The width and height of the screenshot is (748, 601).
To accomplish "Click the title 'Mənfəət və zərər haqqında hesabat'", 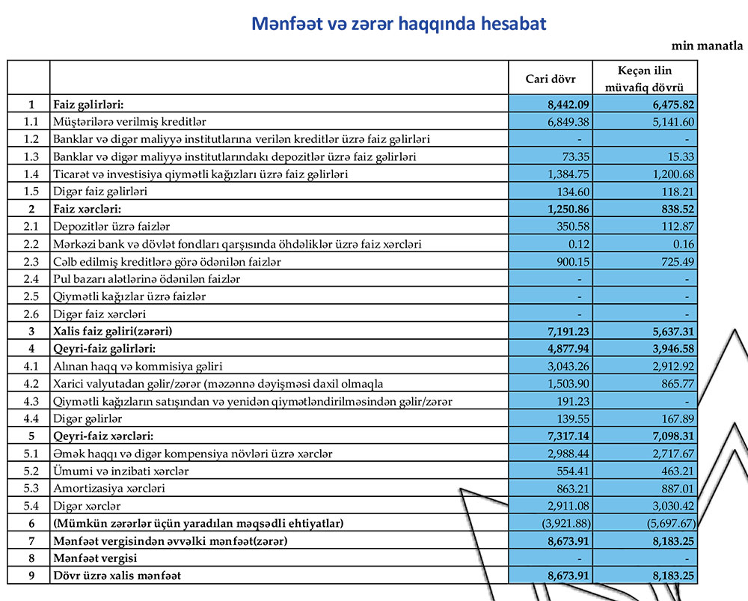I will [x=399, y=24].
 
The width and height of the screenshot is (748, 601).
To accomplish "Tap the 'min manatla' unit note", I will [x=707, y=46].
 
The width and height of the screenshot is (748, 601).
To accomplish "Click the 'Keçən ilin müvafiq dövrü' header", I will [x=646, y=79].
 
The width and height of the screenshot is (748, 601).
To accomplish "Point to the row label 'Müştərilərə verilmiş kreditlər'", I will [x=129, y=121].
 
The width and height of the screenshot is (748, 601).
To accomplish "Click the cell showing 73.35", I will [x=567, y=156].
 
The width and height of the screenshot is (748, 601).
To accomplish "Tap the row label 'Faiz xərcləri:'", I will [x=88, y=209].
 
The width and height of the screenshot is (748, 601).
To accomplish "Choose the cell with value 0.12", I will [x=571, y=244].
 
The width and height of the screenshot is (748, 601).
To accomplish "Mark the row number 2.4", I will [x=30, y=279].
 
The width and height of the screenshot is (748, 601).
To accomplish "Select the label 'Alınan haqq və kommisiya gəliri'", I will [x=138, y=366].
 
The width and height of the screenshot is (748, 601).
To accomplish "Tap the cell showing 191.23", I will [x=565, y=401].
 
